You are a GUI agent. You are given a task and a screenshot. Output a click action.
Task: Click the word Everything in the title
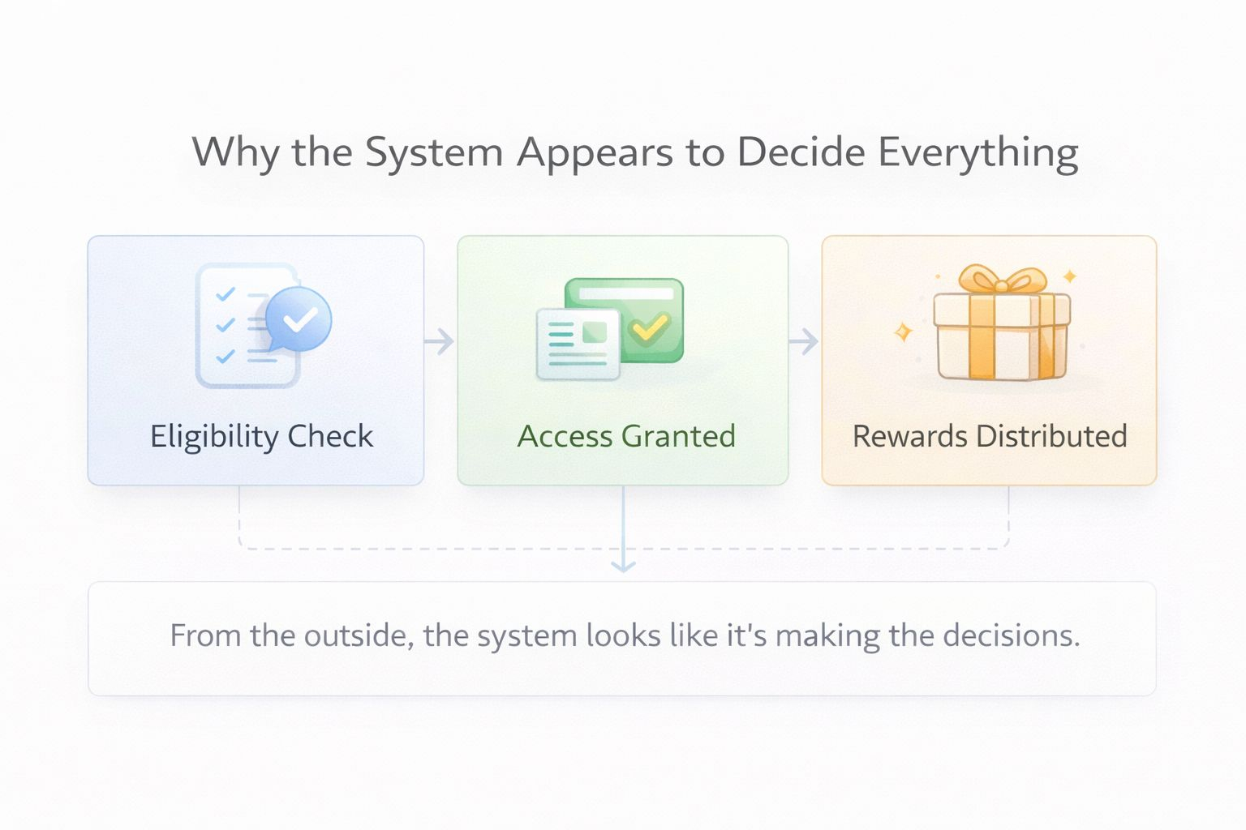coord(977,153)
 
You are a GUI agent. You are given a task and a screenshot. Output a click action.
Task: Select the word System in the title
coord(434,153)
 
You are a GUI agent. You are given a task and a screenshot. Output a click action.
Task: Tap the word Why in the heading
coord(235,153)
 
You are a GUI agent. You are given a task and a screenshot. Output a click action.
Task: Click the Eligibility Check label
coord(261,436)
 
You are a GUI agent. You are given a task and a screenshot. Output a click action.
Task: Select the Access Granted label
coord(626,436)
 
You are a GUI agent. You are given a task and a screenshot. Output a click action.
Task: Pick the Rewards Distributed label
coord(990,436)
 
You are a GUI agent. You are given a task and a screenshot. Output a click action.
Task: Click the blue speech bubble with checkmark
coord(298,319)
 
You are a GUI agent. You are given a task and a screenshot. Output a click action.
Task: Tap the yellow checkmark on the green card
coord(650,327)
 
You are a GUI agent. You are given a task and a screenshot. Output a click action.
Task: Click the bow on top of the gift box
coord(1002,280)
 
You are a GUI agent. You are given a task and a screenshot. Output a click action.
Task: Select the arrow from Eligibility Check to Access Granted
coord(440,341)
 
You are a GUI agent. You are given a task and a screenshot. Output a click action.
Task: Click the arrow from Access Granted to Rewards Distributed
coord(804,341)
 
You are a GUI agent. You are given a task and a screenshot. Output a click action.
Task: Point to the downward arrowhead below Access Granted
coord(623,565)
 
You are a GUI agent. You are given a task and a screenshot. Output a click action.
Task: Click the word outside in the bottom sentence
coord(354,635)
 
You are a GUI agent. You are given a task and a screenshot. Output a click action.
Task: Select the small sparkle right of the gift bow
coord(1070,276)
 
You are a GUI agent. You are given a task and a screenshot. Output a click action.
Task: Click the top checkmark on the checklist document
coord(225,294)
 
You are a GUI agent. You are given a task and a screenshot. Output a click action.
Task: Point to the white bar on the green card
coord(625,293)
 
